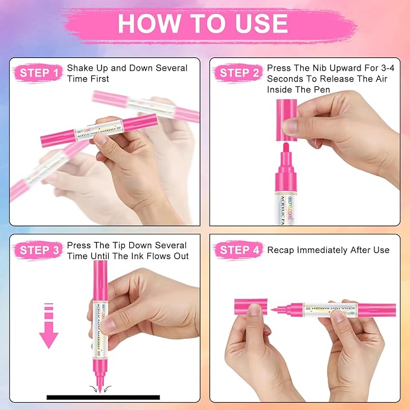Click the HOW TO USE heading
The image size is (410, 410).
tap(202, 23)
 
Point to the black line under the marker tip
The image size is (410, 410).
tap(103, 397)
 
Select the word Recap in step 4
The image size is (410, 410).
tap(282, 250)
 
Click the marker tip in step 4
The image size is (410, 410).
tap(275, 310)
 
